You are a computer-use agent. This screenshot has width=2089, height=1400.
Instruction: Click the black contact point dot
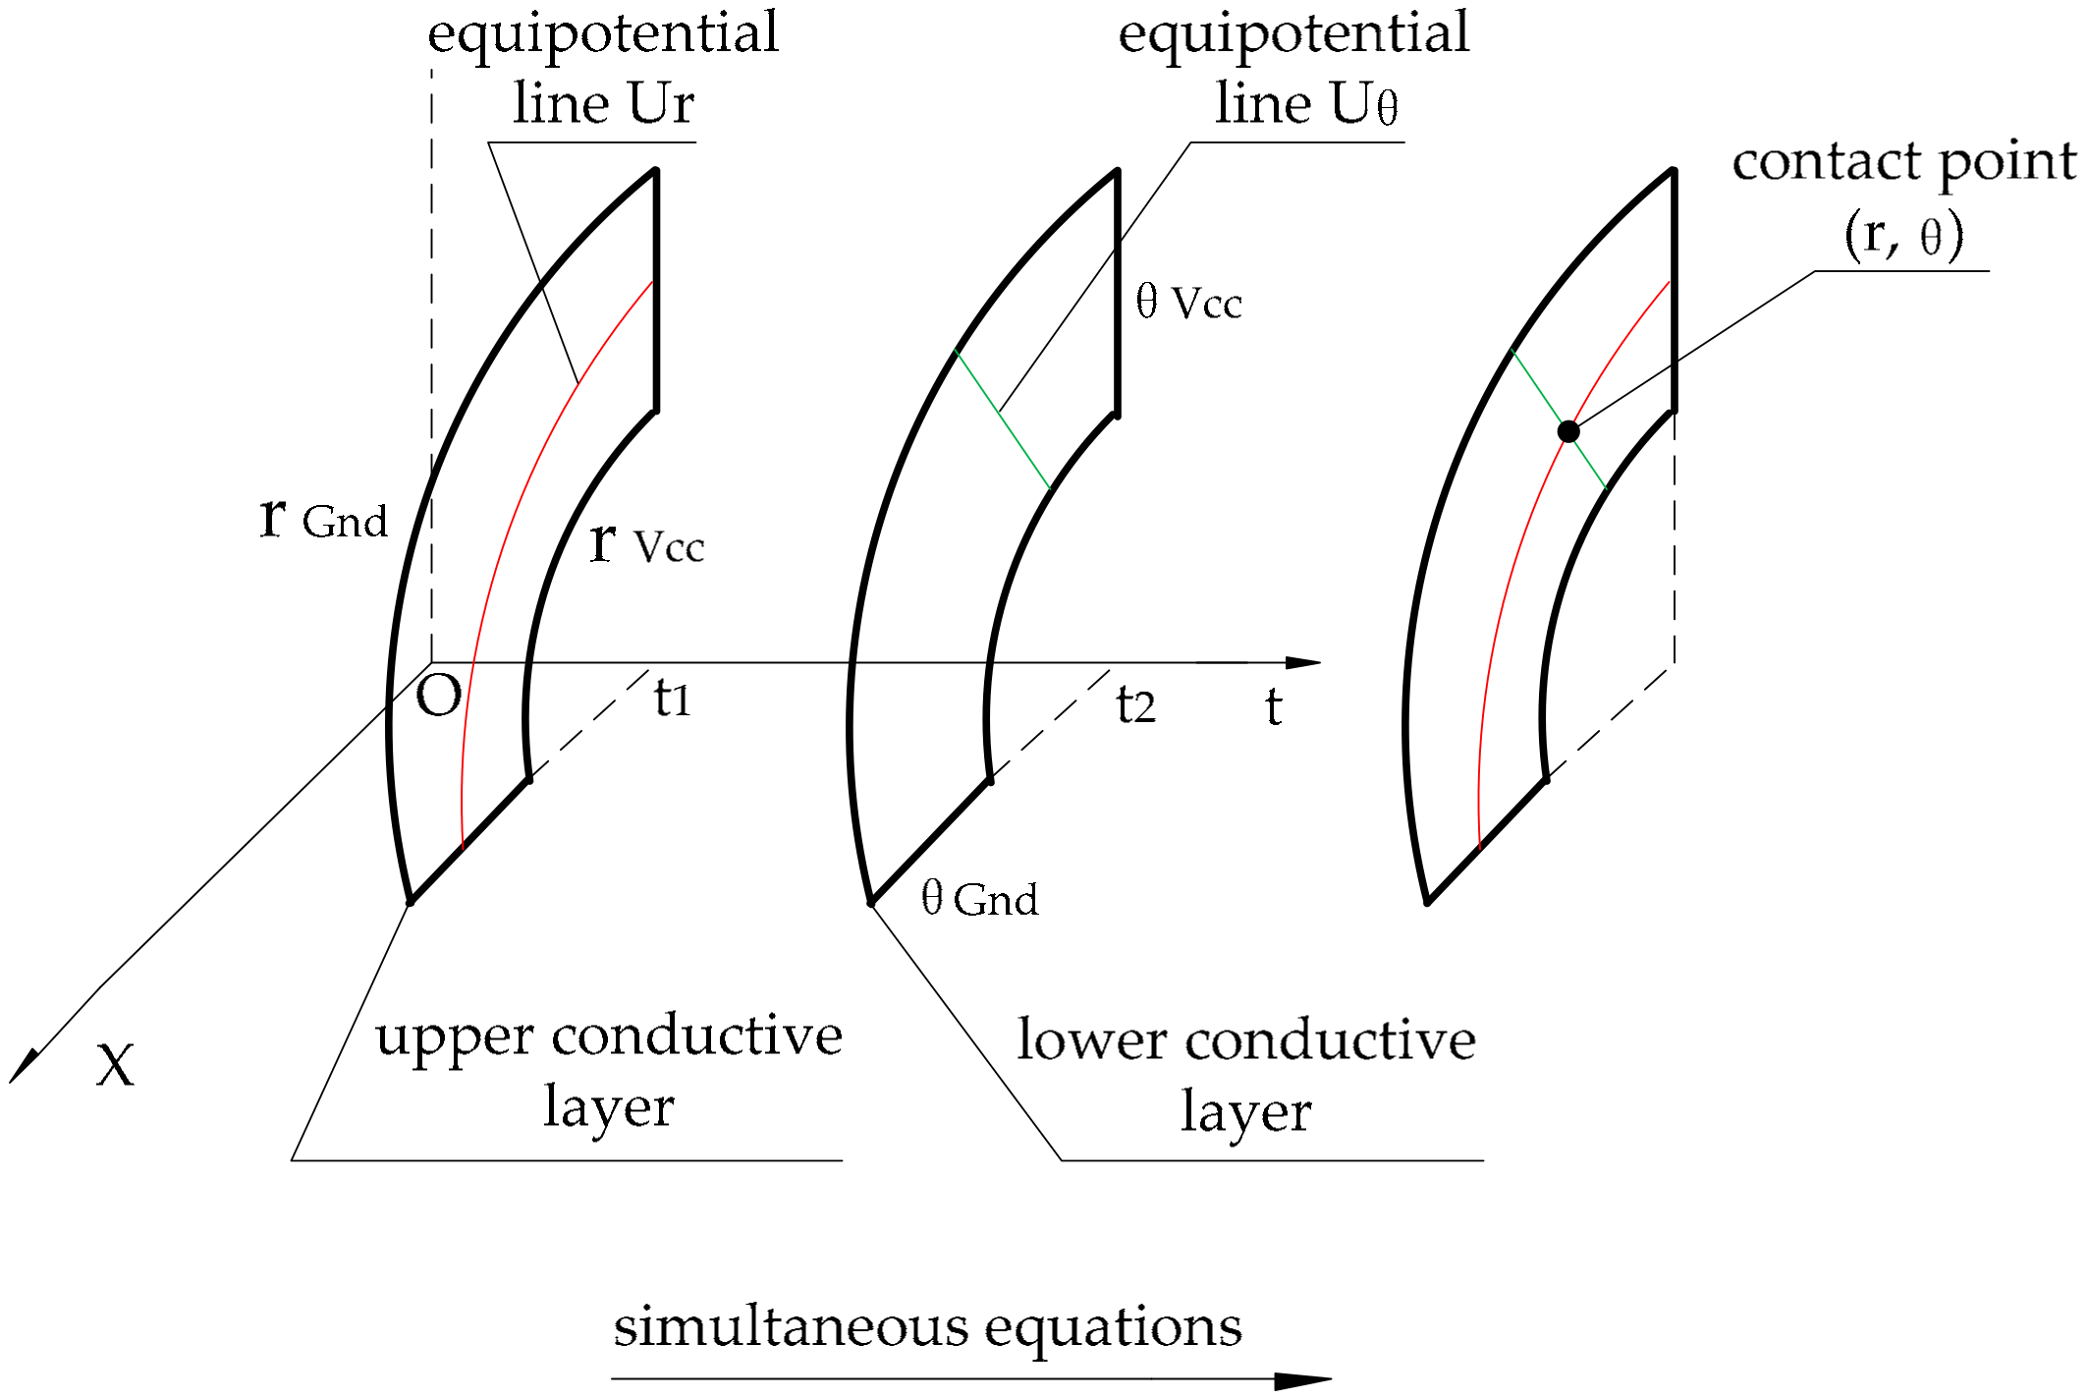click(x=1568, y=431)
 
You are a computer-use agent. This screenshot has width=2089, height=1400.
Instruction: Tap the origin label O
click(x=438, y=697)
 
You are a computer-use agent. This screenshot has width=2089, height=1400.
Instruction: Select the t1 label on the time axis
click(x=673, y=700)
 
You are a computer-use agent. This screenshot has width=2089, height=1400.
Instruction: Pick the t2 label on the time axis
click(x=1135, y=705)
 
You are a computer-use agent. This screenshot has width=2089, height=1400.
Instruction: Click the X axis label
click(x=115, y=1065)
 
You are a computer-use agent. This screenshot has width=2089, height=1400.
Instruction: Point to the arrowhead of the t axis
click(x=1304, y=663)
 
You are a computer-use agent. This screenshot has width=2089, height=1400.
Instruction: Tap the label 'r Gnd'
click(x=323, y=518)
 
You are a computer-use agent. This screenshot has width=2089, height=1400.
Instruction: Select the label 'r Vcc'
click(x=646, y=543)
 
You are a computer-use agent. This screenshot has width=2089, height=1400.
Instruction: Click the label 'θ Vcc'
click(x=1188, y=302)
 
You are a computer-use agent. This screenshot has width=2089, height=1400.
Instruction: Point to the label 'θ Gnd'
click(x=979, y=899)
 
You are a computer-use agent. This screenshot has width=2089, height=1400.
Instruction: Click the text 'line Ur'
click(x=603, y=103)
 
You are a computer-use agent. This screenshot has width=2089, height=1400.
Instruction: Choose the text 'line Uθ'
click(x=1306, y=103)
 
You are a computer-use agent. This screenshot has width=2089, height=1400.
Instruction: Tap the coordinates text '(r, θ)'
click(x=1903, y=235)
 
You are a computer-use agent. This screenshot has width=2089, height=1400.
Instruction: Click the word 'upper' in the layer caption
click(x=455, y=1037)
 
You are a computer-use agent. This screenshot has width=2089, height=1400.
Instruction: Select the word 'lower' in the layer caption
click(x=1091, y=1040)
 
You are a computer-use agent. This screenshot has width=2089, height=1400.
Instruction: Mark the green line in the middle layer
click(x=1002, y=419)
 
